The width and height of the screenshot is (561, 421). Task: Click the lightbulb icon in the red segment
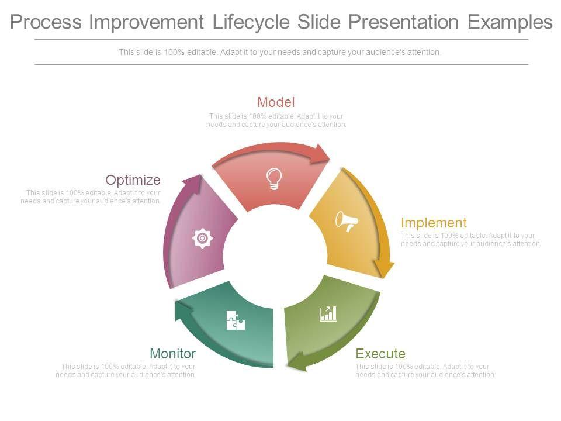274,179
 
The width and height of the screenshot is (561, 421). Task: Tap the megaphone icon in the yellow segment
347,221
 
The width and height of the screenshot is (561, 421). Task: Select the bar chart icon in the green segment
328,314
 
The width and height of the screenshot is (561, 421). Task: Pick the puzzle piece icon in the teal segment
236,320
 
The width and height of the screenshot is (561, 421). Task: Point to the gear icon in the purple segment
203,238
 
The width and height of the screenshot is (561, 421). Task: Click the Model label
276,102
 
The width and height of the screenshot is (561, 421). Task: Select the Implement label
434,223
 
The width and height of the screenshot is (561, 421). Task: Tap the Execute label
380,354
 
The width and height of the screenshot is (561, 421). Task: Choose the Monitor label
173,354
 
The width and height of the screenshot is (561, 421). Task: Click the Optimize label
133,180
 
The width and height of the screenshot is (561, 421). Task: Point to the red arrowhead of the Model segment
320,154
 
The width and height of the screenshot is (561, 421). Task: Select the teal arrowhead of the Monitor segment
183,309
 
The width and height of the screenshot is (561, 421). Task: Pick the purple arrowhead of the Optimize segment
193,184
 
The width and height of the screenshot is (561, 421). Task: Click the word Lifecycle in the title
251,22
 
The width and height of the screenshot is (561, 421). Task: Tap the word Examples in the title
510,22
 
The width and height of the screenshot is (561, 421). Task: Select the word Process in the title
46,22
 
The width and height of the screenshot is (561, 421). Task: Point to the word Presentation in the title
403,22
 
